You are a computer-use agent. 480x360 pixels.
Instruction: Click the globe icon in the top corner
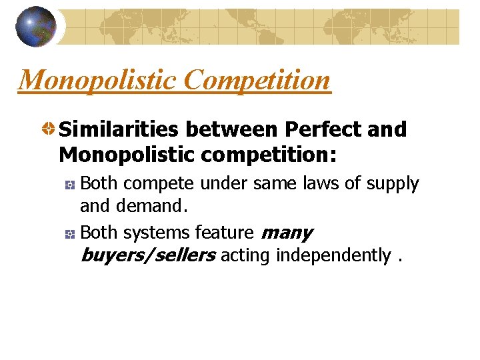tap(35, 27)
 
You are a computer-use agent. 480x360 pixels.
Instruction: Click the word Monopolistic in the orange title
tap(97, 81)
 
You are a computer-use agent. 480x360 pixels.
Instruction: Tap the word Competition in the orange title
tap(257, 81)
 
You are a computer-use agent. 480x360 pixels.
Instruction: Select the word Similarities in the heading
tap(119, 129)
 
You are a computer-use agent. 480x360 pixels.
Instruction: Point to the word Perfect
tap(321, 129)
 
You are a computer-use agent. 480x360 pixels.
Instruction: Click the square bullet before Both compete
tap(69, 184)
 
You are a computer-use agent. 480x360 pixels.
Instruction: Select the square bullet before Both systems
tap(69, 233)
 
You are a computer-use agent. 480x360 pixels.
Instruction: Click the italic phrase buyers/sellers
tap(147, 255)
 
